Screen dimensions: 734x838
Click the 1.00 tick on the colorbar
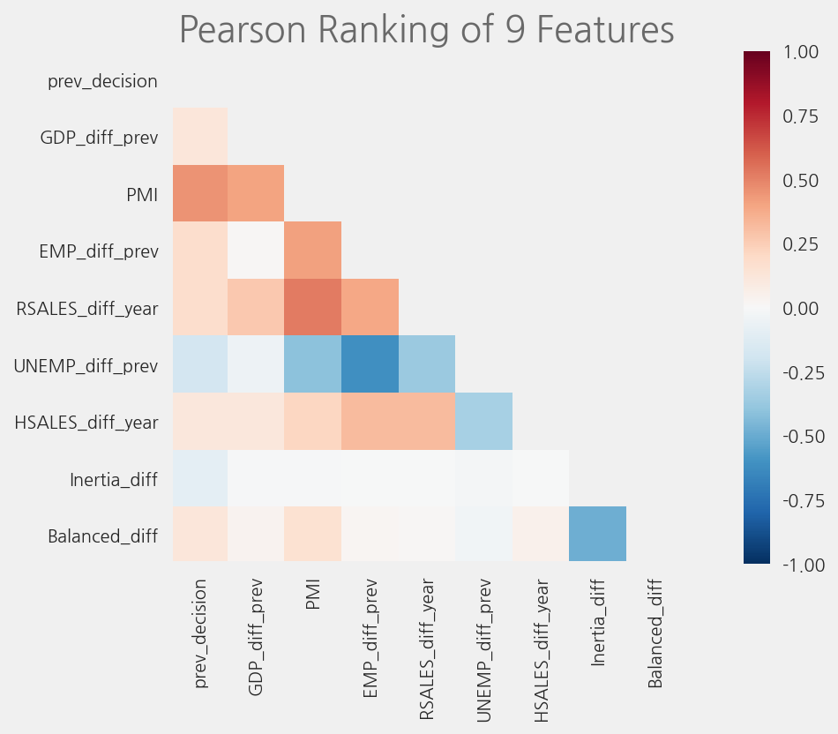[x=805, y=53]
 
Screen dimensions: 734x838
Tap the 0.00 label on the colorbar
[x=805, y=309]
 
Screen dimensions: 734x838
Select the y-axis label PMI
[x=142, y=195]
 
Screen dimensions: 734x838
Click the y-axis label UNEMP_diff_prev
[x=86, y=365]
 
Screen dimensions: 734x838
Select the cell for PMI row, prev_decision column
[x=200, y=193]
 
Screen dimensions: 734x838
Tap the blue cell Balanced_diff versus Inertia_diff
[x=598, y=534]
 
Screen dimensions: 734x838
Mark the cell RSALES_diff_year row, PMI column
[x=313, y=307]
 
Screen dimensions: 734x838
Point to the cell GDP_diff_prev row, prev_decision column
[x=200, y=136]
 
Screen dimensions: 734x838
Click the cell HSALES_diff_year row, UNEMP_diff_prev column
[x=484, y=420]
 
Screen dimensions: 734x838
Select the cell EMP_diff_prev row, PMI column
[x=313, y=250]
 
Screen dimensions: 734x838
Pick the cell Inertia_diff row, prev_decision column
[x=200, y=477]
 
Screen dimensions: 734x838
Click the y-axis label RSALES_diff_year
[x=87, y=309]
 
